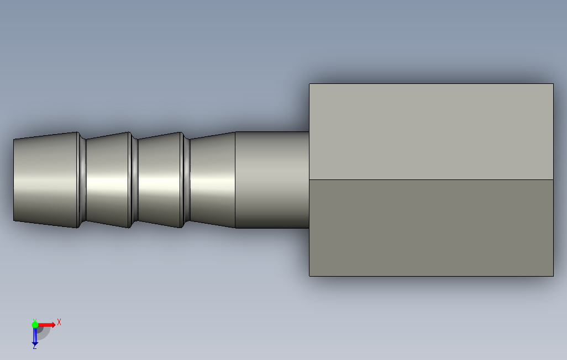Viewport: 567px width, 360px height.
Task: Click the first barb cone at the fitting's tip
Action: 45,180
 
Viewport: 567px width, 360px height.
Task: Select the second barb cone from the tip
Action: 108,180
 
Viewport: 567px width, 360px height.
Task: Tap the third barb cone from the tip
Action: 160,180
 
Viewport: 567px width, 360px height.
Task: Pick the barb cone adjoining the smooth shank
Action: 213,180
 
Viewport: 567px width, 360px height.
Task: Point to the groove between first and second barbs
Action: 82,180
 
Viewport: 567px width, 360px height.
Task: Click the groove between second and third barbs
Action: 134,180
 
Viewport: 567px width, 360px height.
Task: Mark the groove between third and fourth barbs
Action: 186,180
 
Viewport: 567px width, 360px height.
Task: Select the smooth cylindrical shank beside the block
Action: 272,180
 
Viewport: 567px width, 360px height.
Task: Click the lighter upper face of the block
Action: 432,131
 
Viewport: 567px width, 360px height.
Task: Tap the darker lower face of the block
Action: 432,228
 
